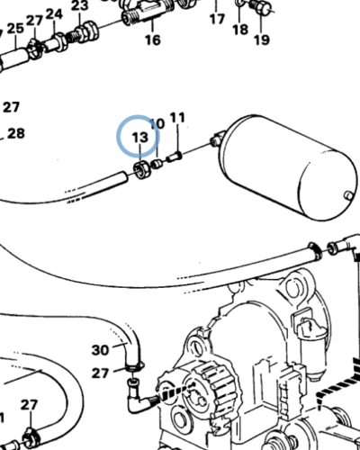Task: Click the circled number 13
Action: pyautogui.click(x=139, y=137)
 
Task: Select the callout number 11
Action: pyautogui.click(x=177, y=118)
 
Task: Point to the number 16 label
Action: pyautogui.click(x=151, y=40)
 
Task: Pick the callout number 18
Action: pyautogui.click(x=239, y=29)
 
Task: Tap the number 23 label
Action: pyautogui.click(x=80, y=6)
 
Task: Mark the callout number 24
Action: pyautogui.click(x=54, y=13)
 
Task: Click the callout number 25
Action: pyautogui.click(x=16, y=29)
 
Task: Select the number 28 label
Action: pyautogui.click(x=16, y=134)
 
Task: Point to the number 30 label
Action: pyautogui.click(x=100, y=349)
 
